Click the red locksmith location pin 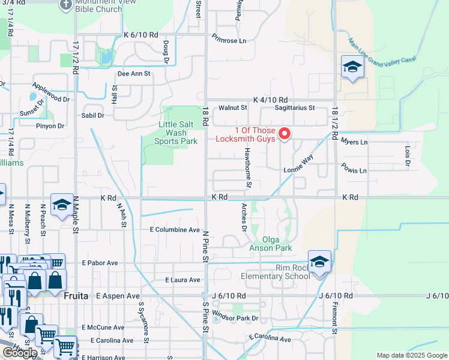click(x=285, y=133)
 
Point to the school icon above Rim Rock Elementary click(x=319, y=262)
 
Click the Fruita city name click(x=76, y=296)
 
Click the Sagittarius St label click(x=294, y=108)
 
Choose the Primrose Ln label click(x=229, y=41)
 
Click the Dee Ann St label click(x=133, y=74)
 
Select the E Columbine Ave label click(x=175, y=230)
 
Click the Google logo click(x=20, y=353)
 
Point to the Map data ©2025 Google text click(x=411, y=355)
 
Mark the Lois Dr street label click(x=408, y=155)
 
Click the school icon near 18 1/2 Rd click(x=352, y=68)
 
